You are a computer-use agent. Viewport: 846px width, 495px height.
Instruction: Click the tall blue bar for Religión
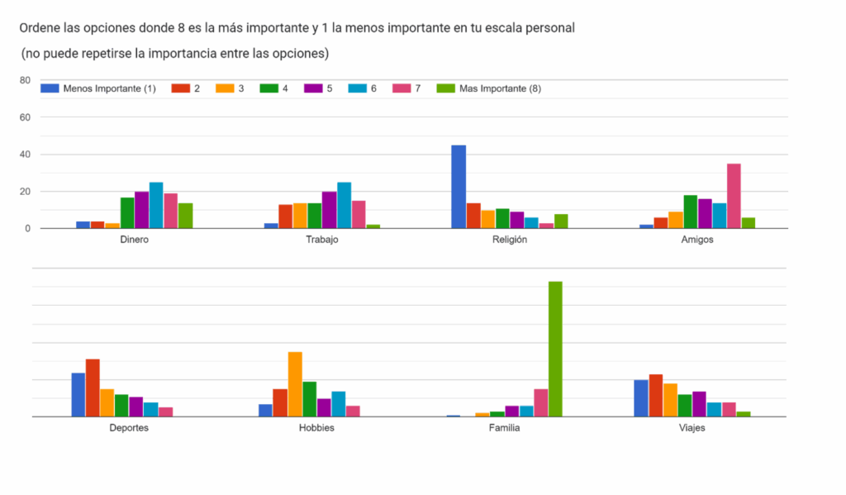tap(458, 187)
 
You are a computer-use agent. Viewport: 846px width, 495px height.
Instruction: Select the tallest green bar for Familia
tap(555, 349)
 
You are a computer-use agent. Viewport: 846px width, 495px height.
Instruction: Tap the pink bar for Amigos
tap(734, 196)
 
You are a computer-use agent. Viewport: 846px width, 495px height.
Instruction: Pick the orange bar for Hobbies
tap(295, 384)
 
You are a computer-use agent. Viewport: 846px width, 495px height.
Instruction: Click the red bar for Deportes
tap(93, 388)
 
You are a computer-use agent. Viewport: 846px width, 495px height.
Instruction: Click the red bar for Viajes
tap(656, 395)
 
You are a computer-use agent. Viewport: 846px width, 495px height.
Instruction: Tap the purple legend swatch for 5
tap(312, 88)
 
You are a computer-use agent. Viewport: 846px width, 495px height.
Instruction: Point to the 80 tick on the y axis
tap(25, 80)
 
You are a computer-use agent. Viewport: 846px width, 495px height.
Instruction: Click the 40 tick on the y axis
tap(25, 155)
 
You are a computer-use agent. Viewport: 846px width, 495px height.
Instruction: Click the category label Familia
tap(504, 428)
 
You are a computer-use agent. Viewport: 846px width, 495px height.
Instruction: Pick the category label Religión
tap(509, 240)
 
